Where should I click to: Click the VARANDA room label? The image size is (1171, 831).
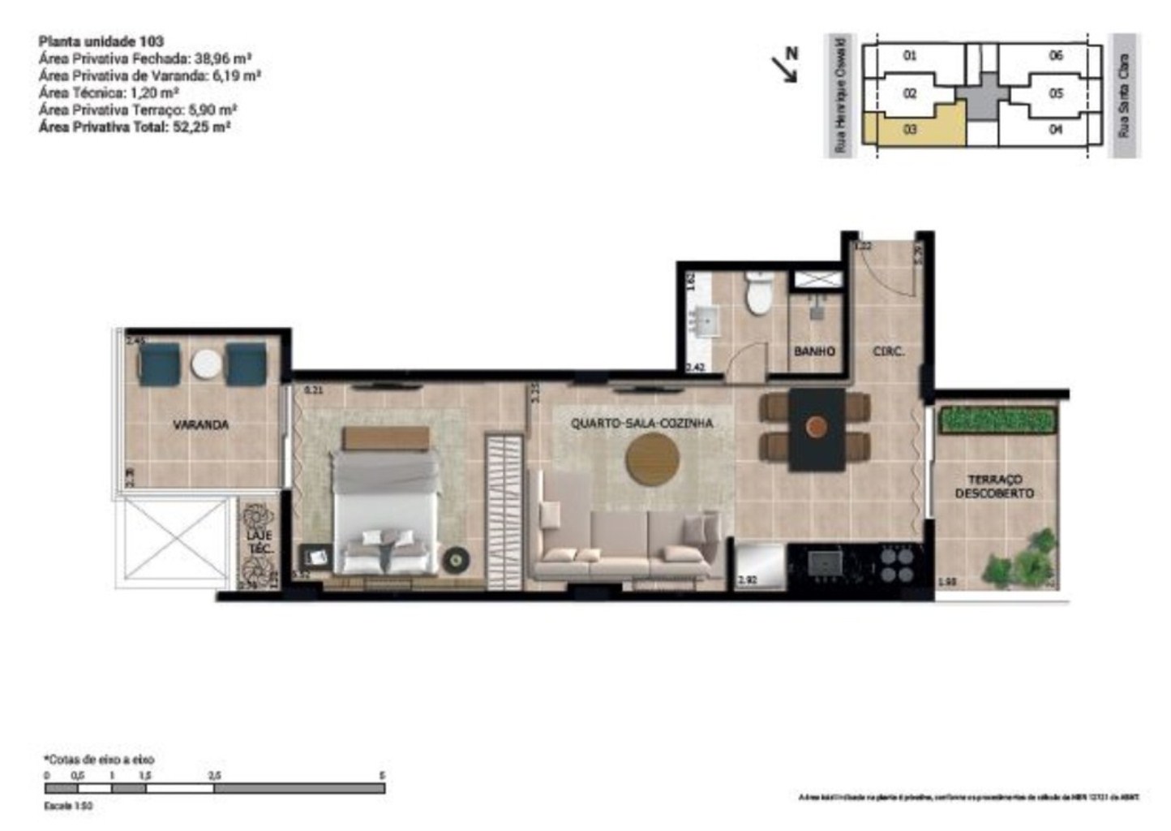(200, 424)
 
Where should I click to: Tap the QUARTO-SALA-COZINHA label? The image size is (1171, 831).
(641, 423)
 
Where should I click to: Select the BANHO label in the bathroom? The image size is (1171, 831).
(814, 351)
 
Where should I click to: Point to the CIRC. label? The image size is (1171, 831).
(888, 351)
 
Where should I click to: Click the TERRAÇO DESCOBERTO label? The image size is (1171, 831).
(994, 486)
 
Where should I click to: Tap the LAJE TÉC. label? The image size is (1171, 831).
(260, 542)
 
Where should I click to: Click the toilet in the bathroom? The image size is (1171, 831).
(760, 295)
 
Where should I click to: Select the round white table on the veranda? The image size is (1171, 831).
(206, 364)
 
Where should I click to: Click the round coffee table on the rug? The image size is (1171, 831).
(652, 459)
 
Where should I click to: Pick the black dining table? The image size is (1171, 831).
(817, 428)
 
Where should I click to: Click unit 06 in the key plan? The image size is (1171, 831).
(1055, 56)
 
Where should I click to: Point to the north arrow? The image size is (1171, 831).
(787, 65)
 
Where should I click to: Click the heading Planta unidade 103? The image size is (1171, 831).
(101, 41)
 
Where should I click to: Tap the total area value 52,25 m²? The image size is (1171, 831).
(201, 127)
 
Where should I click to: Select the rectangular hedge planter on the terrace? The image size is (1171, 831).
(997, 420)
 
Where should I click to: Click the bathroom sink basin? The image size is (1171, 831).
(701, 321)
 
